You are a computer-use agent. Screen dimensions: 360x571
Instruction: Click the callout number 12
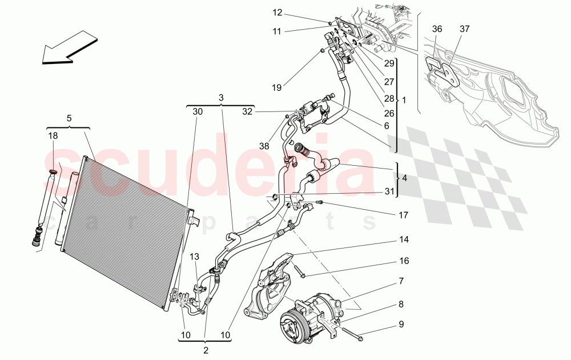coord(277,13)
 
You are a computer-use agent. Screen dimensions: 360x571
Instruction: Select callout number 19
coord(277,87)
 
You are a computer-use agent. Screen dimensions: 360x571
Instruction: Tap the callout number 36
coord(437,29)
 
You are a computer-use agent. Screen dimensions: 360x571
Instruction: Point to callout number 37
coord(464,29)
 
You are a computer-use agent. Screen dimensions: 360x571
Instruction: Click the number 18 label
coord(53,135)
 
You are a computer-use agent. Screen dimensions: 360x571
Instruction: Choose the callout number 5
coord(69,118)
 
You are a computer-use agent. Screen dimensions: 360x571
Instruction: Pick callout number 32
coord(247,112)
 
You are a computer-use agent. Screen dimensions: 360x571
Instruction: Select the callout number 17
coord(404,215)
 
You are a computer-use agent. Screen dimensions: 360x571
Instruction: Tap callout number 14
coord(404,239)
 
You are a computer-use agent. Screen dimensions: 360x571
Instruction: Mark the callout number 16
coord(404,261)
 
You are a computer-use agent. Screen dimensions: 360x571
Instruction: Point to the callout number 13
coord(194,256)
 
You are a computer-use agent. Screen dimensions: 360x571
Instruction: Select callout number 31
coord(389,191)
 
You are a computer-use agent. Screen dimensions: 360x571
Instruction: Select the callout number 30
coord(197,112)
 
